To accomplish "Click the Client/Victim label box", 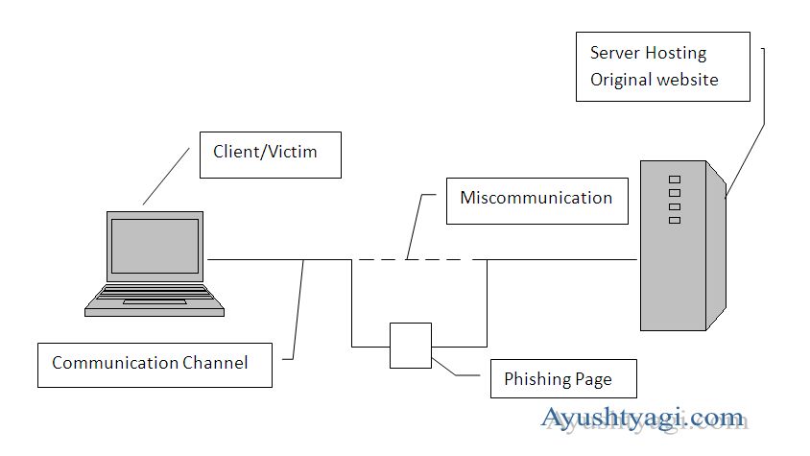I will click(270, 155).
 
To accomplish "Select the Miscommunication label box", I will click(536, 200).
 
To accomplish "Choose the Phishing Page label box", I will click(558, 379).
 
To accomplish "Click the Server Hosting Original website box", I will click(662, 66).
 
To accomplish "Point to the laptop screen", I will click(155, 246).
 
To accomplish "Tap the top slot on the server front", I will click(674, 180).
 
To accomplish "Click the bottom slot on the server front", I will click(674, 220).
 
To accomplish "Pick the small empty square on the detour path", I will click(411, 346).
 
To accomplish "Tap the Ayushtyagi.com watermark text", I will click(643, 419).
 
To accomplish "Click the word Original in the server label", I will click(620, 80).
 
